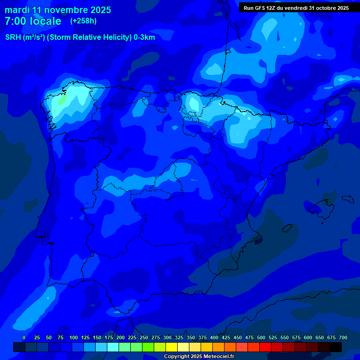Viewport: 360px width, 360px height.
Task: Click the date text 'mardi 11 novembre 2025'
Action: point(58,10)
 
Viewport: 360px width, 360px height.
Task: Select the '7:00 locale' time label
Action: point(33,21)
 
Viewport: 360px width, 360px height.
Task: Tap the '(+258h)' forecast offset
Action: point(83,21)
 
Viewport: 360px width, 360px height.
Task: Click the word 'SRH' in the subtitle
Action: point(14,37)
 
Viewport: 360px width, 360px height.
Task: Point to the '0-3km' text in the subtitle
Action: point(144,37)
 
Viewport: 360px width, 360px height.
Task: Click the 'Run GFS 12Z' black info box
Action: point(296,7)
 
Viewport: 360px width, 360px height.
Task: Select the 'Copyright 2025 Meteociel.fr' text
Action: point(199,356)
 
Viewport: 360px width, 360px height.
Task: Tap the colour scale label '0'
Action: point(24,337)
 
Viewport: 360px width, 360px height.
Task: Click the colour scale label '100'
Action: point(74,337)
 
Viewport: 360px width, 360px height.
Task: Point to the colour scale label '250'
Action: point(144,337)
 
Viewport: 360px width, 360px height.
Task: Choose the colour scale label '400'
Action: point(214,337)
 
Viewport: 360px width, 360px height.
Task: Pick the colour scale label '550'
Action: point(285,337)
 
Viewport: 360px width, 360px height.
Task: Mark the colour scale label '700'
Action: point(343,337)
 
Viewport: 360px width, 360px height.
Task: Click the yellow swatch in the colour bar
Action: point(172,347)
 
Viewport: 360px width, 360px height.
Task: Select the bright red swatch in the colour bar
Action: point(265,347)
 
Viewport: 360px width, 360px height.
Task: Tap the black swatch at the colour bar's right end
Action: point(336,347)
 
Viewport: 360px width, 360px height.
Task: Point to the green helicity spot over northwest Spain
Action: point(60,100)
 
